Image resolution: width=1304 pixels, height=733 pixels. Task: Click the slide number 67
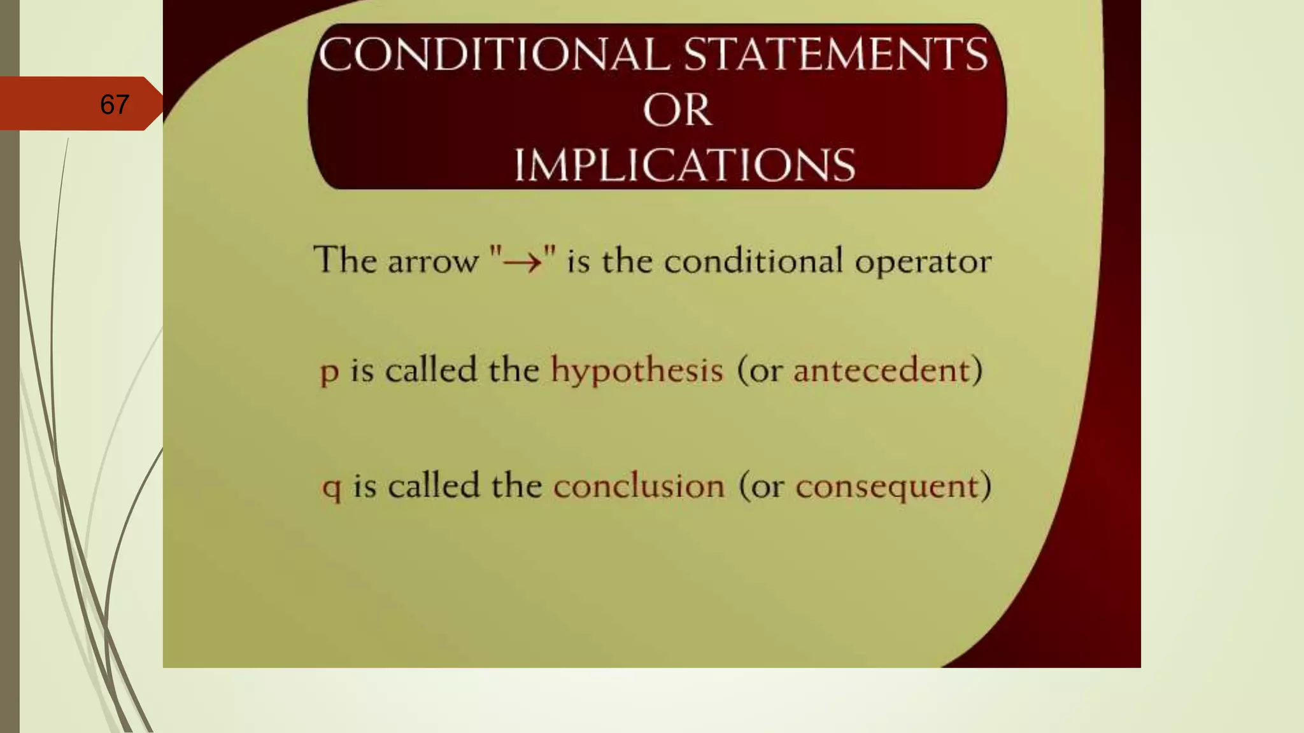[115, 104]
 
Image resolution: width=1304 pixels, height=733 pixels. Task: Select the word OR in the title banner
[677, 110]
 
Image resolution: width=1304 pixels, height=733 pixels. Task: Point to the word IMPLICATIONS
[684, 165]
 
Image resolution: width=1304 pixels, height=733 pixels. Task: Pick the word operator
[923, 262]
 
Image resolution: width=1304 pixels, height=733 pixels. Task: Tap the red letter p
[329, 372]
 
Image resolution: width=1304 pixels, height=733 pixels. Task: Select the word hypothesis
[637, 370]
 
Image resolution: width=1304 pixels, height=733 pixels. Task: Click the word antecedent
[881, 370]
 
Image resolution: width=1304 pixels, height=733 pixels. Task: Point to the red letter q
[332, 488]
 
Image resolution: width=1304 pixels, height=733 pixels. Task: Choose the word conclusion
[639, 486]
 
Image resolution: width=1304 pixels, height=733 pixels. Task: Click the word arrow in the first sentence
[433, 262]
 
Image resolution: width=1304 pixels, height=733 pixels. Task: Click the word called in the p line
[431, 370]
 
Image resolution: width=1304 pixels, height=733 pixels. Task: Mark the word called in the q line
[434, 486]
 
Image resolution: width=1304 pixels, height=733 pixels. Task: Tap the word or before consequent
[767, 487]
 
